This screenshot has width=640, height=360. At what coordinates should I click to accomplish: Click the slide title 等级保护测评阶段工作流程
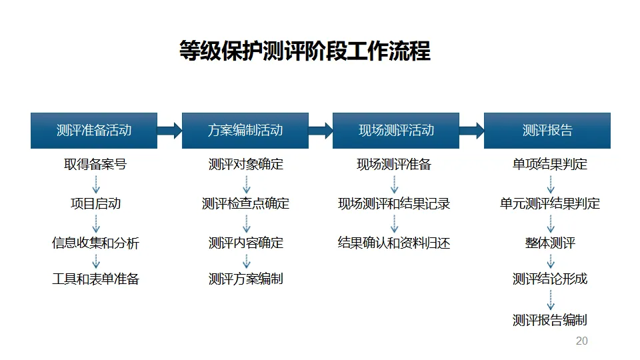coord(305,51)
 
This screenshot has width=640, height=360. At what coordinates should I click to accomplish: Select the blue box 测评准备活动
coord(94,131)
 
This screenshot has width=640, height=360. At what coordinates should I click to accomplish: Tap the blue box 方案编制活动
coord(245,131)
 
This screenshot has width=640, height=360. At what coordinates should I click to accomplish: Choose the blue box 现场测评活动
coord(396,131)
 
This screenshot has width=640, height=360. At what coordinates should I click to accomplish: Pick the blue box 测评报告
coord(547,131)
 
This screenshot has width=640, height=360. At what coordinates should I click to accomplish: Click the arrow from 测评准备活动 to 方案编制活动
coord(169,131)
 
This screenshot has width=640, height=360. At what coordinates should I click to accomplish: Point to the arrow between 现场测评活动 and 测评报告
coord(471,131)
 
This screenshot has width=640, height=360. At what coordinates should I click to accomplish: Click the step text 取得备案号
coord(95,164)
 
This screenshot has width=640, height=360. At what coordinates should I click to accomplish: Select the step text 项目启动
coord(95,203)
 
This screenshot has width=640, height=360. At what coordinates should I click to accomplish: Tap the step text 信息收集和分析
coord(95,243)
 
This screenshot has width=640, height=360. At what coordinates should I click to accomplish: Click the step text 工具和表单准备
coord(95,279)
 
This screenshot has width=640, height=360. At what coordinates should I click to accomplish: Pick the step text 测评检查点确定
coord(246,203)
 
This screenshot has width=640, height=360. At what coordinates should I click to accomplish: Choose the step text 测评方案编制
coord(246,279)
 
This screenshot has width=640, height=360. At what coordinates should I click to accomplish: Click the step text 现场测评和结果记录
coord(394,203)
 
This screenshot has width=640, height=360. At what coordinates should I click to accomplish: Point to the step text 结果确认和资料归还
coord(394,243)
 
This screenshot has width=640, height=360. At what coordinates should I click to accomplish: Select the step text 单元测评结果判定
coord(550,203)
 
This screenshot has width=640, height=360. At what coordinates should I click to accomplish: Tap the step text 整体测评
coord(550,243)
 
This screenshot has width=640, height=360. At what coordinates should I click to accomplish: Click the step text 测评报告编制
coord(550,320)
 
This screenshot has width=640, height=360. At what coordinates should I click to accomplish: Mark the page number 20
coord(581,341)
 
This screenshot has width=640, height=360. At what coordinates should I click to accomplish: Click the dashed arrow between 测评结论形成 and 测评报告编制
coord(551,299)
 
